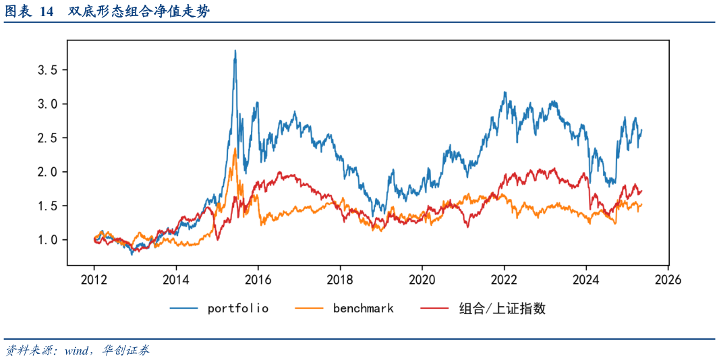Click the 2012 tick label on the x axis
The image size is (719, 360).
[x=94, y=279]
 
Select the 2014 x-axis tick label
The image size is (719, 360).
[x=176, y=279]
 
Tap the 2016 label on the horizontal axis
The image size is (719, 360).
[x=258, y=279]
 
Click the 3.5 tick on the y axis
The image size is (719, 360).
[x=47, y=69]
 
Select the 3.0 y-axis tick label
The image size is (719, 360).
[x=47, y=104]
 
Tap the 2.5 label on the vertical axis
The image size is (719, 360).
[x=47, y=138]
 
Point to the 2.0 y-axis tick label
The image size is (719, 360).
[x=47, y=172]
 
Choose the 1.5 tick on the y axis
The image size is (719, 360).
[x=47, y=206]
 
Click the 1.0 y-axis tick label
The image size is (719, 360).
[x=47, y=240]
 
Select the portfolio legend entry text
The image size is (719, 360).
[x=237, y=308]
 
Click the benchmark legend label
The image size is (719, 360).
[x=363, y=308]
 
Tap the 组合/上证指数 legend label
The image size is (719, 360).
[x=502, y=308]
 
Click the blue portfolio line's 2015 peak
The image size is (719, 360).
[x=235, y=51]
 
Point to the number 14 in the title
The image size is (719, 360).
[x=47, y=11]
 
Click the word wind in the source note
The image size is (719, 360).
[x=77, y=351]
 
